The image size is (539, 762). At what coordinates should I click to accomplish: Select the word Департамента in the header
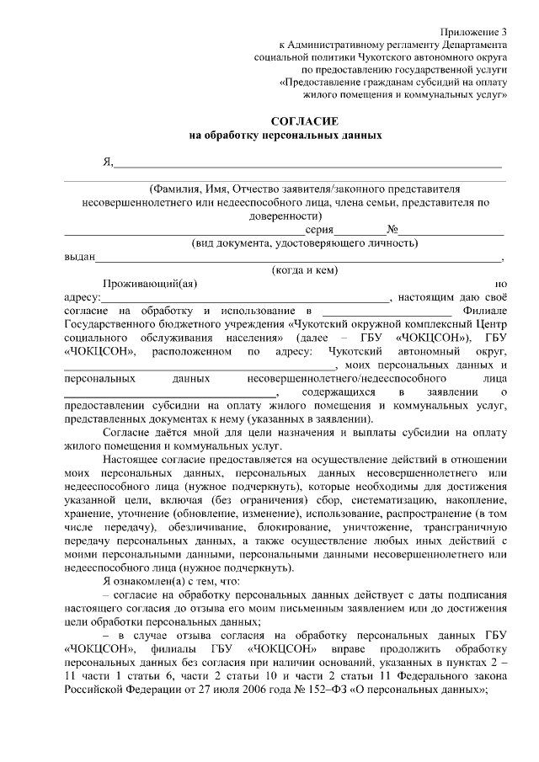point(468,44)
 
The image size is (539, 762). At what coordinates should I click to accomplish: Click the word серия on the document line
point(320,230)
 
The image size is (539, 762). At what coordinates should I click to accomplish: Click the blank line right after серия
point(360,230)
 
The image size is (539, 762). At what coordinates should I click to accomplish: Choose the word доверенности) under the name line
point(286,216)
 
